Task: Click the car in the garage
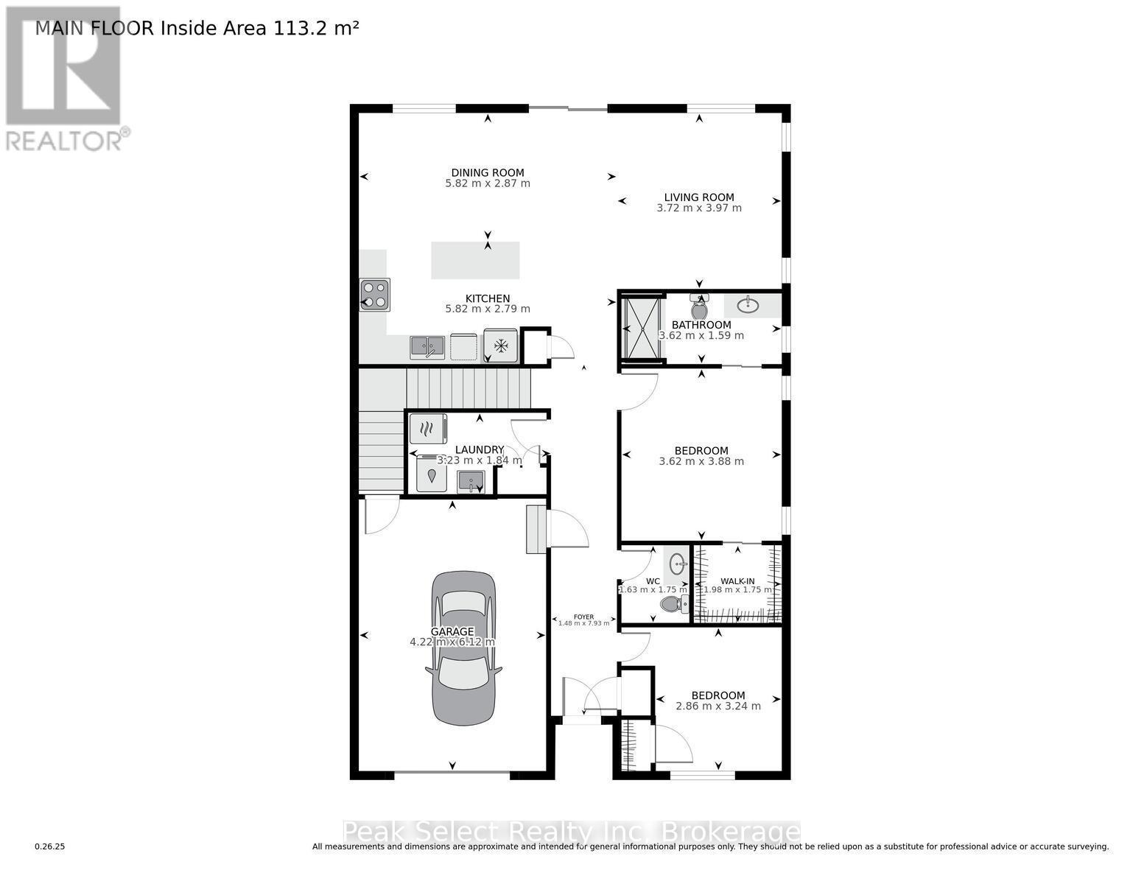coord(463,648)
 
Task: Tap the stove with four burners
coord(374,294)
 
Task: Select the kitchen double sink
coord(427,346)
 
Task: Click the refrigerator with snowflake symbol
coord(501,345)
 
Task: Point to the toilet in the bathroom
coord(699,307)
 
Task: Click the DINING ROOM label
coord(488,173)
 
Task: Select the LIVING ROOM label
coord(699,197)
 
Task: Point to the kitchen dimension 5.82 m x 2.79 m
coord(488,309)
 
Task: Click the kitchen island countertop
coord(475,260)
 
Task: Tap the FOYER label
coord(583,617)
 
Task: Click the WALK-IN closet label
coord(737,581)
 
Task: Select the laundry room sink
coord(470,483)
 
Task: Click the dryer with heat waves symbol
coord(428,428)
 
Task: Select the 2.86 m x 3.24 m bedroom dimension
coord(718,706)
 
